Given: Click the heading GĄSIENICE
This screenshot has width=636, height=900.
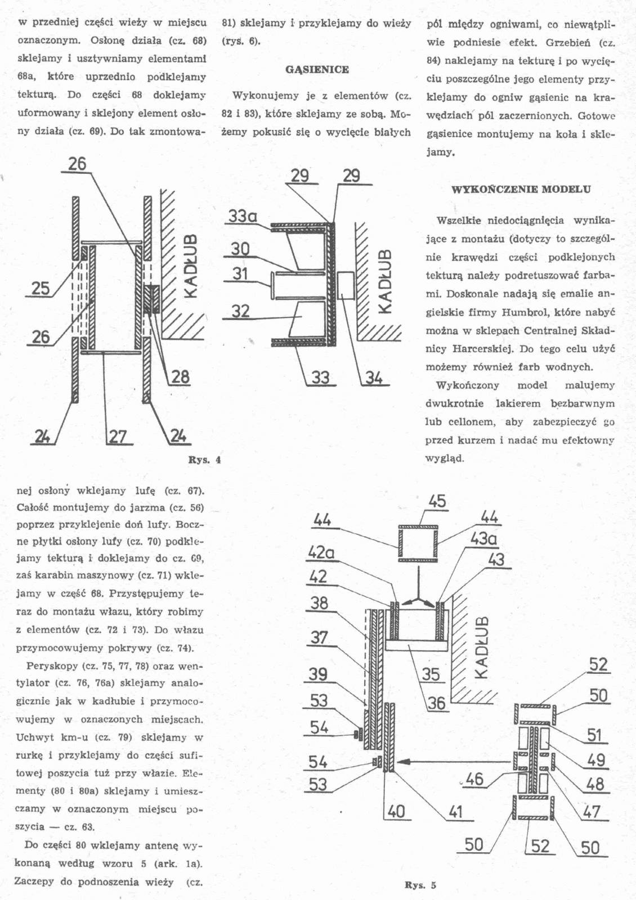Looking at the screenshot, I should pos(317,70).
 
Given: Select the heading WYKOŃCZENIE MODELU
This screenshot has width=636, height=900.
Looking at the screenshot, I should pos(521,190).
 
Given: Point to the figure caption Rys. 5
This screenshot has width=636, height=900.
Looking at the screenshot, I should pos(420,885).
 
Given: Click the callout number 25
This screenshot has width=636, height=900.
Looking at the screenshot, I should pos(41,289).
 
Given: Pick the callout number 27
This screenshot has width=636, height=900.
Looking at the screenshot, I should pos(118,436).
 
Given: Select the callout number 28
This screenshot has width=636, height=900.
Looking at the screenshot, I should pos(180,376).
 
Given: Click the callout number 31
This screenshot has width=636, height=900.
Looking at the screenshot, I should pos(240,274).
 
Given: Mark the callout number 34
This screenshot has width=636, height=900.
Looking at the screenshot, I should pos(374,377).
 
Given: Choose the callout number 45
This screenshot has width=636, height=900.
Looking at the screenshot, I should pos(437,501).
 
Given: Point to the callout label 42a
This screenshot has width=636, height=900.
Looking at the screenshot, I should pos(321,553).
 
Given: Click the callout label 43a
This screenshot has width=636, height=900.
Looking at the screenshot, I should pos(483,539).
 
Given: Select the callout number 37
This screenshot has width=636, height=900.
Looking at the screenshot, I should pos(319,637).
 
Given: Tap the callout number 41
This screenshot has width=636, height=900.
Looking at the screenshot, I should pos(456,811).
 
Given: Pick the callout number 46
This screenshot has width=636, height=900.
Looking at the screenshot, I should pos(474,778).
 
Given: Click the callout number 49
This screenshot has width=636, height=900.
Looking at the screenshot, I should pos(596,760).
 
